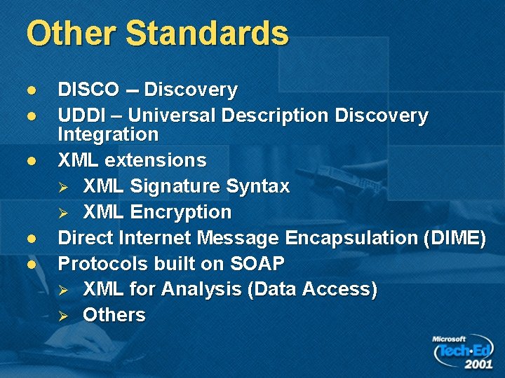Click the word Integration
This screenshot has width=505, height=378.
pos(108,134)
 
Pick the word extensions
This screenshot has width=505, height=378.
pos(156,160)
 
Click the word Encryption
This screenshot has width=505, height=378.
pos(182,212)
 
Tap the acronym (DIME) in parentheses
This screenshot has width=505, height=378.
pos(455,238)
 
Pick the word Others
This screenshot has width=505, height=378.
pos(114,316)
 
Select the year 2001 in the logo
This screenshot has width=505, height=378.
pos(478,364)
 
